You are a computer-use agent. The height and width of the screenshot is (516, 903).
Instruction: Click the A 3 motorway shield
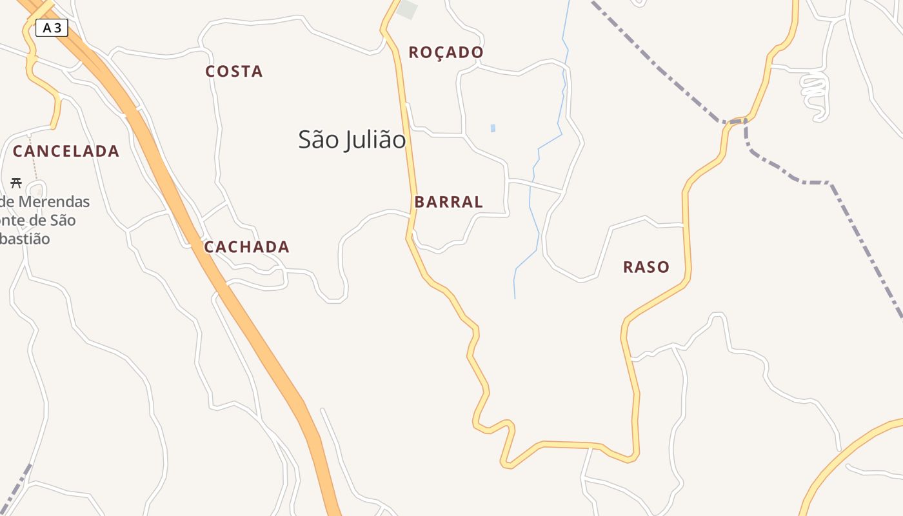[52, 28]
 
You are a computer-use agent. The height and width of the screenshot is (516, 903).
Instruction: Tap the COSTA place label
[234, 72]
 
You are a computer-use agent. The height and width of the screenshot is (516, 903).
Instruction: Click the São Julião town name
[352, 140]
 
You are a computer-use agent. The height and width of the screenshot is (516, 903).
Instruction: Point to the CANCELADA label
[66, 152]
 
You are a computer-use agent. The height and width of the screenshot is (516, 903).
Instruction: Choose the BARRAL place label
[449, 202]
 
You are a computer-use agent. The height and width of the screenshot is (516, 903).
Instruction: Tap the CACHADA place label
[247, 247]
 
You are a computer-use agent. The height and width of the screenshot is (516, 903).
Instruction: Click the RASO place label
[646, 267]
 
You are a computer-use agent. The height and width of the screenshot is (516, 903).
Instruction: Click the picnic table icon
[16, 183]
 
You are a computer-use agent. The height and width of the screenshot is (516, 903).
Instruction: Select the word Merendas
[54, 202]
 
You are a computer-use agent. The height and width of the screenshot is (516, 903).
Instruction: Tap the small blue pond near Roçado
[493, 128]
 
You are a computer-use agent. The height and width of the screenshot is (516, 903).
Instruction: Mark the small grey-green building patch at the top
[407, 10]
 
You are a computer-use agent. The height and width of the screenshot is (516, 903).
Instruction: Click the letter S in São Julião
[305, 140]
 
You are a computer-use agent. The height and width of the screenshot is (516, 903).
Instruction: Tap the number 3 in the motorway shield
[58, 28]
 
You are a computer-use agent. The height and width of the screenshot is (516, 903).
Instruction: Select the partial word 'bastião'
[25, 239]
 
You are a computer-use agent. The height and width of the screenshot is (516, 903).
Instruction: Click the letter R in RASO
[628, 267]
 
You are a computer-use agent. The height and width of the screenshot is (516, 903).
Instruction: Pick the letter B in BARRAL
[420, 202]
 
